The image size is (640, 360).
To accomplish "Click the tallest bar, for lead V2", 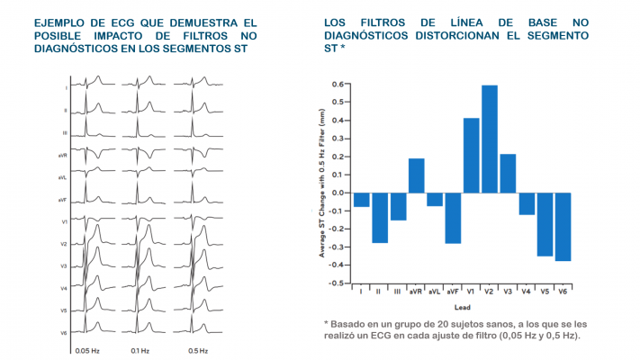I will (490, 139).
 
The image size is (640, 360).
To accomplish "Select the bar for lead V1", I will (471, 155).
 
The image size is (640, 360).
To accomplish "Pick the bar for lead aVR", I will (416, 175).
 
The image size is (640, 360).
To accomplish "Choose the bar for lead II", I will (380, 218).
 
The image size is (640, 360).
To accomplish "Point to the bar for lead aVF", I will (453, 218).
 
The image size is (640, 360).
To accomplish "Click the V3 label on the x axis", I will (508, 292).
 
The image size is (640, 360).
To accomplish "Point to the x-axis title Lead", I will (462, 306).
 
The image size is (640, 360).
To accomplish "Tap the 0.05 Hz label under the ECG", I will (87, 350).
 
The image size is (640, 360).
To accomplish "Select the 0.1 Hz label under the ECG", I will (140, 350).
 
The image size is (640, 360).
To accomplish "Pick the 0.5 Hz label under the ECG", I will (198, 350).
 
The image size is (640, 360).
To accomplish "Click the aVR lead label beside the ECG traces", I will (62, 154).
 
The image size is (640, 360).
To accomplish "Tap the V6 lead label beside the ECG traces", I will (63, 333).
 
